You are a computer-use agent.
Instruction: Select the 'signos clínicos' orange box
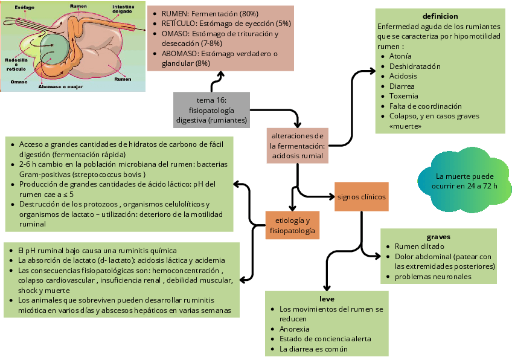361,196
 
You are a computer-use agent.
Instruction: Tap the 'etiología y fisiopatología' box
292,225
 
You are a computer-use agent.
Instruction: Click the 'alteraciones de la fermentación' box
298,146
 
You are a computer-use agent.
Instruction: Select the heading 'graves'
438,237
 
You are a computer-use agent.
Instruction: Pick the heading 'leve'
327,299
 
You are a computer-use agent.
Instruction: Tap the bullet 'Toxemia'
404,96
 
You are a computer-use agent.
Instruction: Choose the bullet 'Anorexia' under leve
295,329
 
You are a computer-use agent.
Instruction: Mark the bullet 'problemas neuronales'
433,277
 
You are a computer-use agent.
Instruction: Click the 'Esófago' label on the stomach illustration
24,7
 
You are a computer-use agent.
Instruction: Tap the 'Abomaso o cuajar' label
59,86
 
